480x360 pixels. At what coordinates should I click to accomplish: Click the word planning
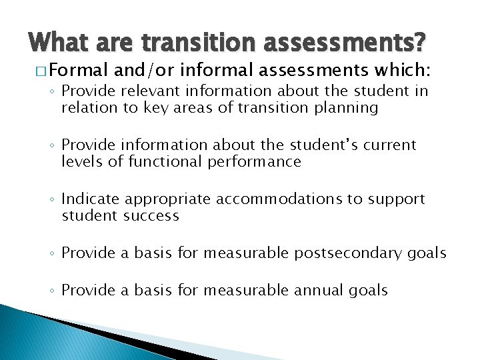[347, 107]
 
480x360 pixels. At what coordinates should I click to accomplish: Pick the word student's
[325, 145]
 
